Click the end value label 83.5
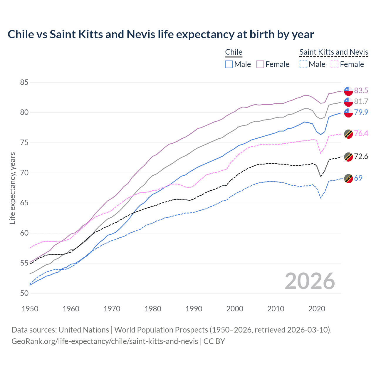[361, 90]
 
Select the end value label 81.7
[361, 101]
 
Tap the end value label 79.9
[361, 112]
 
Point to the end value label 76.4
[361, 133]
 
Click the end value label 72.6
[361, 156]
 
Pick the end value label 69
[358, 178]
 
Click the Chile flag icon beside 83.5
[348, 91]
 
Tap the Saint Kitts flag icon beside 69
[348, 178]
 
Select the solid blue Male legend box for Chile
[229, 64]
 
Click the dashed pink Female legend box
[335, 64]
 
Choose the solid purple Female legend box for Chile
[260, 64]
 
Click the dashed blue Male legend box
[303, 64]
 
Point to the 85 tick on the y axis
[24, 83]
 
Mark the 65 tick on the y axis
[24, 203]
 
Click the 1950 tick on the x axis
[30, 309]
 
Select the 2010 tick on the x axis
[276, 309]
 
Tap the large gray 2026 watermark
[310, 281]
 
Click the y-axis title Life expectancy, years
[12, 188]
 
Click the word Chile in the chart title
[21, 34]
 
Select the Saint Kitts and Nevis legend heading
[334, 52]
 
